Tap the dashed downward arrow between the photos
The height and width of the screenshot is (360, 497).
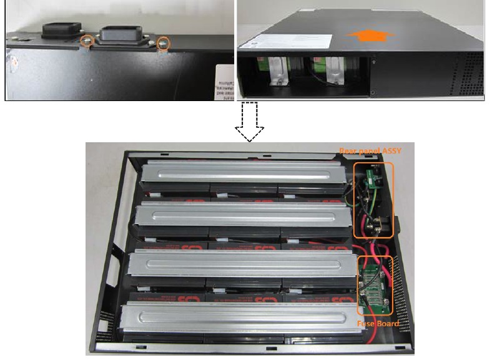click(249, 122)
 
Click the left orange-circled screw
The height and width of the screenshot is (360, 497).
click(89, 42)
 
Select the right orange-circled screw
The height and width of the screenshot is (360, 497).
click(164, 43)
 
